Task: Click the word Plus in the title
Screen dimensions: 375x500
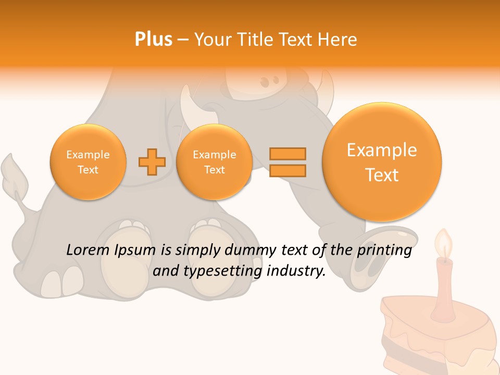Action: click(153, 40)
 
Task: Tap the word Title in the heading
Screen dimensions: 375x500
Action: click(258, 40)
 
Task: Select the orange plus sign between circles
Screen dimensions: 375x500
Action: click(152, 162)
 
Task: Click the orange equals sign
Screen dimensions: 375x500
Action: click(287, 162)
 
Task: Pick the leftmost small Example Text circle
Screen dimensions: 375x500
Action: click(88, 162)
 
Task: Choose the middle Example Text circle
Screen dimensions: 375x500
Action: click(214, 162)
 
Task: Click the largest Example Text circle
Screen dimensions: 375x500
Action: click(382, 162)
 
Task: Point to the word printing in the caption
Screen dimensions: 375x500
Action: click(385, 250)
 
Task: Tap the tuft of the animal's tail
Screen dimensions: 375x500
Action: click(14, 172)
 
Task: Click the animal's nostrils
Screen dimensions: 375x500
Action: click(269, 82)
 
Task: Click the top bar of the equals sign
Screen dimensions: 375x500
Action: click(287, 154)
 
